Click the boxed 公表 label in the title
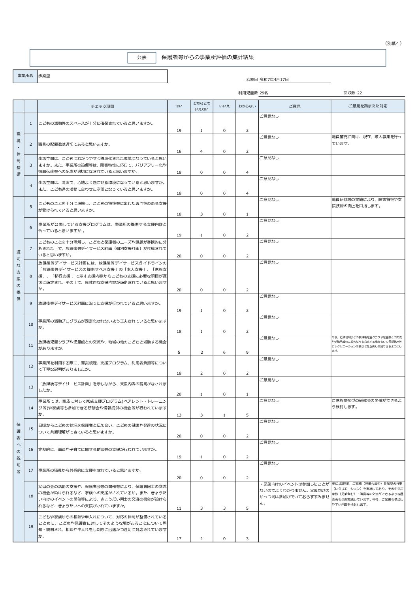point(142,58)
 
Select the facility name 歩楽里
point(44,76)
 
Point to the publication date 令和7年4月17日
point(274,79)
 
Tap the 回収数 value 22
point(359,93)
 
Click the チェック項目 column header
point(102,107)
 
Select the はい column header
point(179,107)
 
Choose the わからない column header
point(247,107)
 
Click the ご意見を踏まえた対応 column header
point(367,107)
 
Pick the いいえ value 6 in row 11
point(224,352)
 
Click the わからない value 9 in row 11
point(247,352)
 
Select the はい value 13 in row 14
point(179,415)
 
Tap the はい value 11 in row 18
point(179,508)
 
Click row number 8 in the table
point(31,276)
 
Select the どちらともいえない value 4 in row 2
point(201,151)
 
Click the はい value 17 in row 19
point(179,538)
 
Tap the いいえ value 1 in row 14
point(224,415)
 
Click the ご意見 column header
point(294,107)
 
